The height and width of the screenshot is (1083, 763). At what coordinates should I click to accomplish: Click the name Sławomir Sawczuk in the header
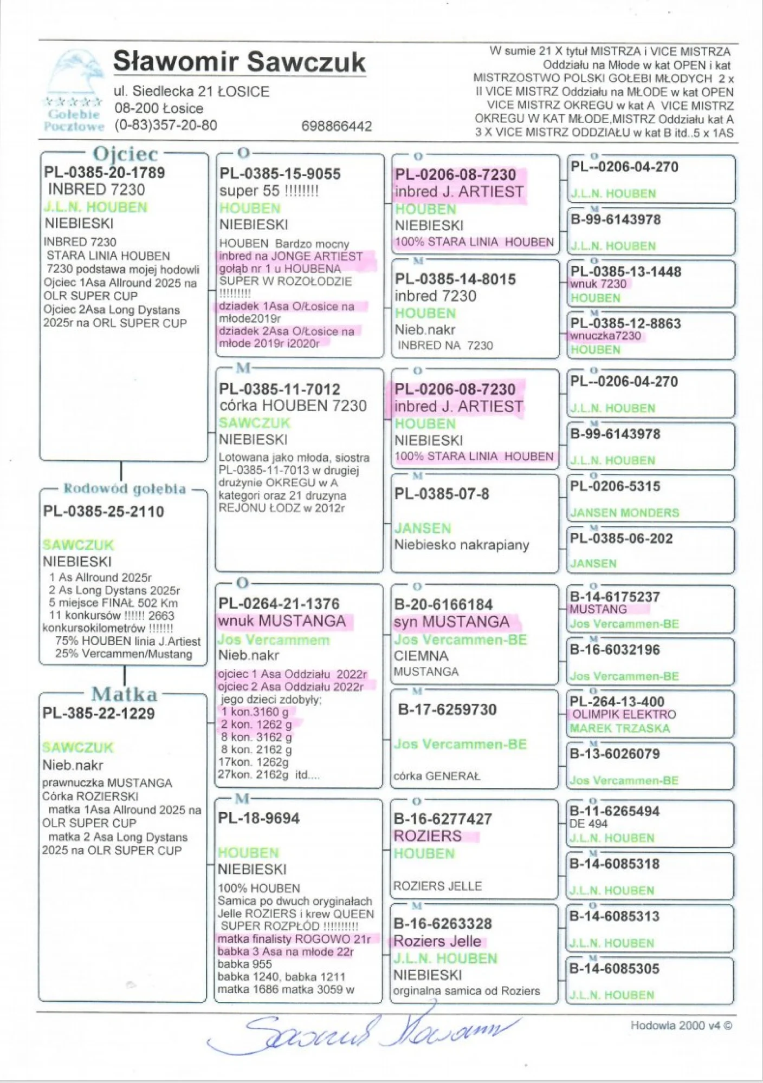tap(239, 62)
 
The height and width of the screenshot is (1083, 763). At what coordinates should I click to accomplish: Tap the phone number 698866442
tap(337, 126)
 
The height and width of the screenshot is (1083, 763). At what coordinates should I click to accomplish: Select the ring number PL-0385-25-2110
tap(104, 511)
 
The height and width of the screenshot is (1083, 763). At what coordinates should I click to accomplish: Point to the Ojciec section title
tap(125, 154)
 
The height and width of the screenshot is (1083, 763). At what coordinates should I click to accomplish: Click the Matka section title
tap(124, 694)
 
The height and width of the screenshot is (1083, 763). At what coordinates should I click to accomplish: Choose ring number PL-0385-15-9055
tap(280, 174)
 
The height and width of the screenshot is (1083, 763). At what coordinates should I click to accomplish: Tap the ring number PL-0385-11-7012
tap(280, 389)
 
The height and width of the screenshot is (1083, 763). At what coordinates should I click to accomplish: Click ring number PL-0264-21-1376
tap(279, 604)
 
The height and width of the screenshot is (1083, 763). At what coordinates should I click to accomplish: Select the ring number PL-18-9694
tap(258, 818)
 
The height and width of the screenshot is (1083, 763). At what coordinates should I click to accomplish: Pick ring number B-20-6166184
tap(443, 605)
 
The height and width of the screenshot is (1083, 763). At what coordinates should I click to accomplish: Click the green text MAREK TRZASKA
tap(619, 728)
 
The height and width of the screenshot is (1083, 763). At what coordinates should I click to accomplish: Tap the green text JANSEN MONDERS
tap(624, 512)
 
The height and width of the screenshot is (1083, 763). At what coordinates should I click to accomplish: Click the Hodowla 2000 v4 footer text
tap(681, 1025)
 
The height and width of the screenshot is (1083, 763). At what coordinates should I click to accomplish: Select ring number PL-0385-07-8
tap(442, 494)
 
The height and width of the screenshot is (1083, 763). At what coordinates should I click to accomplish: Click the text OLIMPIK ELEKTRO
tap(624, 714)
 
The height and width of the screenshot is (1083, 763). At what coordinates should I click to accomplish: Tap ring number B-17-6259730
tap(447, 709)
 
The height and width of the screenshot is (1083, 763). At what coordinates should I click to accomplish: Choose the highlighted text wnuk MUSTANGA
tap(282, 621)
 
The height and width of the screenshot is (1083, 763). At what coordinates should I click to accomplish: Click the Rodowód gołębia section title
tap(125, 488)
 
